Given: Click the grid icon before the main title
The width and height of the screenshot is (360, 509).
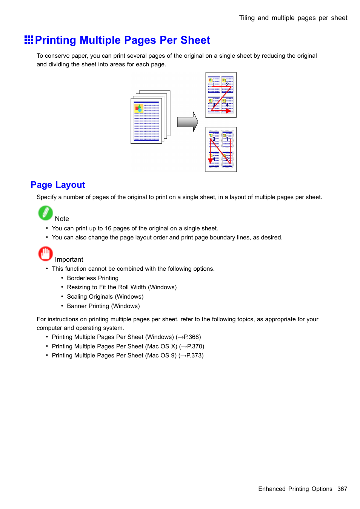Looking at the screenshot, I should point(29,40).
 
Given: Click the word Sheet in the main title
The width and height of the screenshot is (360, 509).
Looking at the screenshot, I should point(195,40).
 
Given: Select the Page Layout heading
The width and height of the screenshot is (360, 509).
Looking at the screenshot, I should point(58,185).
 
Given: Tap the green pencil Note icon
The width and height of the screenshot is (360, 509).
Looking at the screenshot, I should point(45,213).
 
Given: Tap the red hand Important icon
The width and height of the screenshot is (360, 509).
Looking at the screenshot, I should point(45,254).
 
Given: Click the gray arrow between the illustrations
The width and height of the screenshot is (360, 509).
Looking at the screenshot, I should point(188,122).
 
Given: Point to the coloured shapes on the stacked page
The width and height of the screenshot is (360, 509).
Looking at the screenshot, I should point(138,109).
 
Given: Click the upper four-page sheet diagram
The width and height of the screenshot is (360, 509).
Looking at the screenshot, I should point(221,95).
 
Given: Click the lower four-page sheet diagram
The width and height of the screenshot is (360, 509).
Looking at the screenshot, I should point(221,149).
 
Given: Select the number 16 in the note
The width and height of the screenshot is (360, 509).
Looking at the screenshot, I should point(108,228).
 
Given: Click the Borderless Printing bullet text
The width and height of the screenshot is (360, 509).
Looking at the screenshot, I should point(92,278).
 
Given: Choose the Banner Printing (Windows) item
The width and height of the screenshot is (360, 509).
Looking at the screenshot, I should point(103,306).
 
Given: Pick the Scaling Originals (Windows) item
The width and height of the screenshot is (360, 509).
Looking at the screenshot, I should point(105,297).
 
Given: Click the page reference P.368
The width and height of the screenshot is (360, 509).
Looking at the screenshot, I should point(192,337).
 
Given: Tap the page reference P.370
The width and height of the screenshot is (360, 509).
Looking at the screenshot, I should point(195,346).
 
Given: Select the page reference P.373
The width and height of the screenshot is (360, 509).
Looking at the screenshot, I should point(194,356).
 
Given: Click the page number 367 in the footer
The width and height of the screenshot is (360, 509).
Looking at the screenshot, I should point(342,489).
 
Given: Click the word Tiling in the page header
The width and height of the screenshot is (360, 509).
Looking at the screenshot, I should point(247,18).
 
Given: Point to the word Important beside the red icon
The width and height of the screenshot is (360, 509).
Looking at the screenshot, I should point(69,259).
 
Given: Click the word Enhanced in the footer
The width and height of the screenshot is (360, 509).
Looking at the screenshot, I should point(272,489).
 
